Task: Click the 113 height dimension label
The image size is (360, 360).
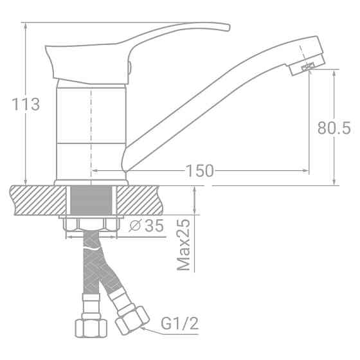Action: point(26,104)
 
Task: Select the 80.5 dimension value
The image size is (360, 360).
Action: point(334,129)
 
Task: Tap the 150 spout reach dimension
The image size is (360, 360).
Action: point(199,170)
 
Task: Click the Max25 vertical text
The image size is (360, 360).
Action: point(184,245)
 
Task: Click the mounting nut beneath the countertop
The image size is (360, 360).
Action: point(91,224)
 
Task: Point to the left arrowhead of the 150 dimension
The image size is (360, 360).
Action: point(94,170)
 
